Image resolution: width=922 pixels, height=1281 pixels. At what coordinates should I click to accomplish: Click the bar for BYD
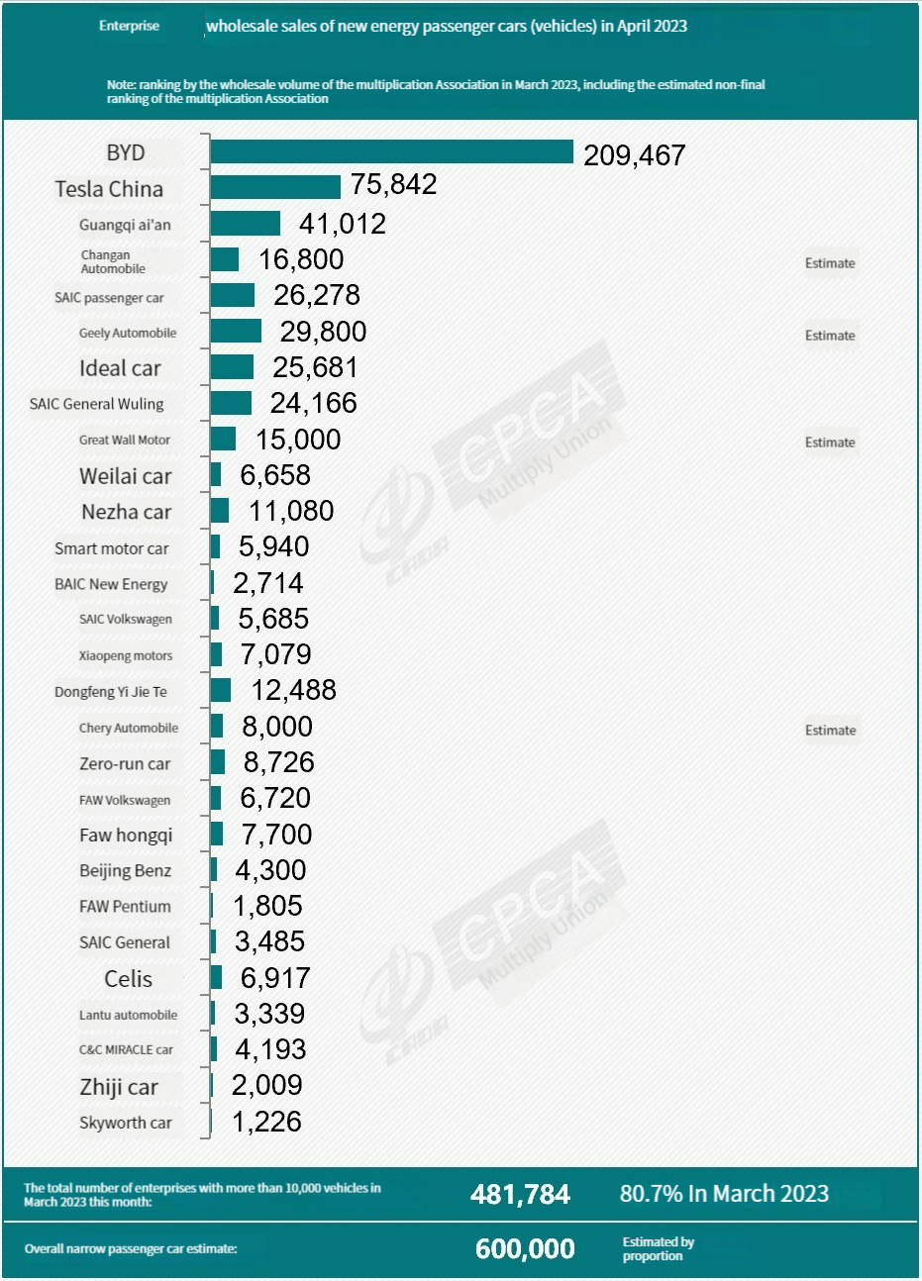click(391, 151)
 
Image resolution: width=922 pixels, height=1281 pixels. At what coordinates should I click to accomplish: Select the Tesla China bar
click(275, 187)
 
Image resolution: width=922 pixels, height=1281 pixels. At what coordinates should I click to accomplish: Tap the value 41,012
click(343, 224)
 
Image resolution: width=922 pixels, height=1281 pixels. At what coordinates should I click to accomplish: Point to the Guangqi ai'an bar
click(246, 224)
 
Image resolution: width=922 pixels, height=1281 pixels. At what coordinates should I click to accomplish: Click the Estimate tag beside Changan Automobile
click(830, 263)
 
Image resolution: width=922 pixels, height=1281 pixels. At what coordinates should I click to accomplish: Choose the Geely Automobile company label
click(128, 334)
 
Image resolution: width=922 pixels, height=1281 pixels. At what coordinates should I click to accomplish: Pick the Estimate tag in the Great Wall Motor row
click(830, 443)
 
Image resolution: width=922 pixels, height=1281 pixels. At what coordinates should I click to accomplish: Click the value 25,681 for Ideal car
click(315, 367)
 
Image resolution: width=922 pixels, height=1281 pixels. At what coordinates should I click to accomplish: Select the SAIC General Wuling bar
click(232, 403)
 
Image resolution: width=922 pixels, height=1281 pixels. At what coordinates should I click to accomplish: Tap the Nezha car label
click(127, 512)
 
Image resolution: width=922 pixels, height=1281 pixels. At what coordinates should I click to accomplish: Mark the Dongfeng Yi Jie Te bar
click(221, 690)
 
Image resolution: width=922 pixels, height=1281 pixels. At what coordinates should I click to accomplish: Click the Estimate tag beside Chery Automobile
click(830, 731)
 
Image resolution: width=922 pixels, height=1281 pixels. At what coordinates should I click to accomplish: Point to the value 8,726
click(278, 762)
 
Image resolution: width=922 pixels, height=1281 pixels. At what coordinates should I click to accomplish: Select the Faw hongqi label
click(126, 835)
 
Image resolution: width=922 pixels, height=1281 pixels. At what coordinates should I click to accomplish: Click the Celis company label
click(129, 979)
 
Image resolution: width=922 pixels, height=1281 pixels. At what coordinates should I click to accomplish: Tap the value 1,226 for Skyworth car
click(266, 1122)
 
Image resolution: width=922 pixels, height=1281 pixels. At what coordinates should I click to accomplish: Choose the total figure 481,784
click(520, 1195)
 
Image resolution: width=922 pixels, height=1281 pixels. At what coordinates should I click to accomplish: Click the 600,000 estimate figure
click(525, 1249)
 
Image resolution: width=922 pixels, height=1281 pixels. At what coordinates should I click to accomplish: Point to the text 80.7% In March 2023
click(724, 1194)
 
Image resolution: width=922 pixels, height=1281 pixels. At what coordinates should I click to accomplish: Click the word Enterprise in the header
click(129, 26)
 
